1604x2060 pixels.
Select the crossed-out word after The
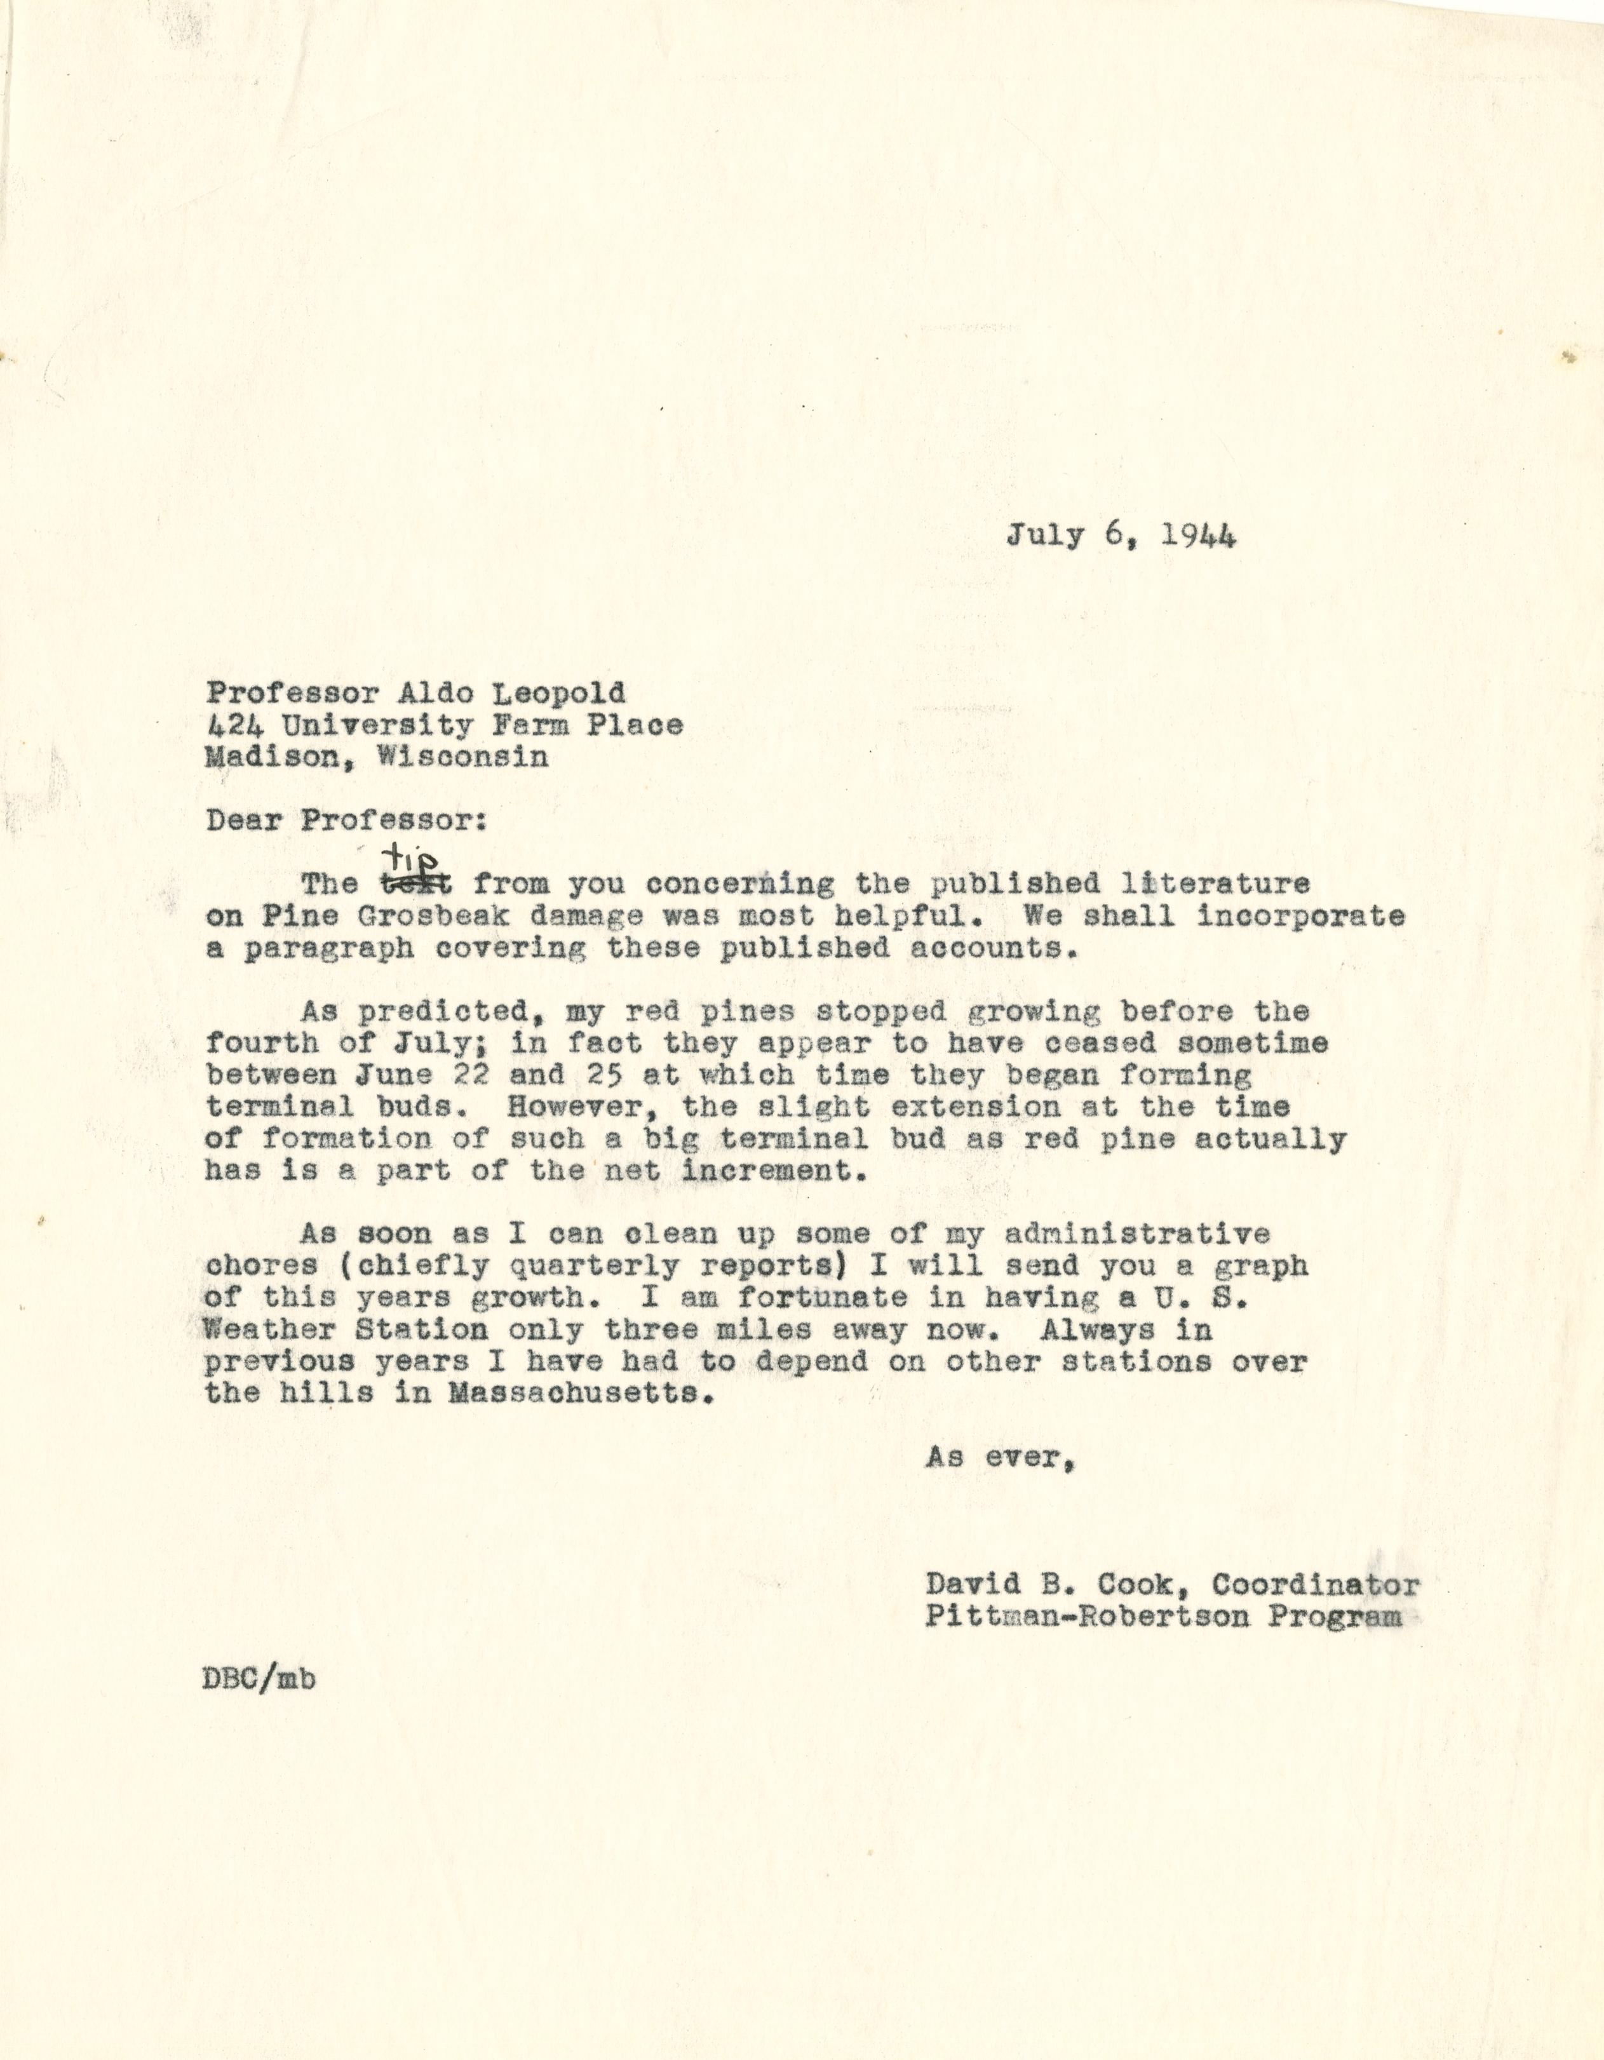(x=416, y=885)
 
